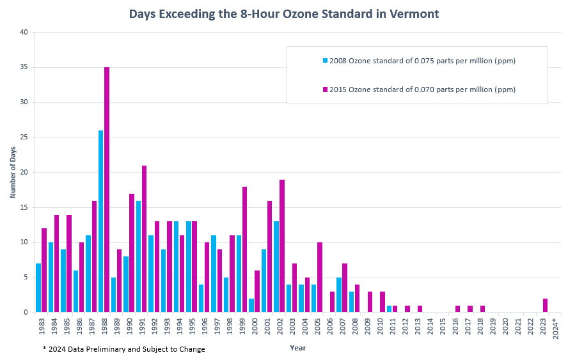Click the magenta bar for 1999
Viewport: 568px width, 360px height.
click(245, 249)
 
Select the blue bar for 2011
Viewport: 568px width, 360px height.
click(389, 309)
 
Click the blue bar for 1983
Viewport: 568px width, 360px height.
click(38, 288)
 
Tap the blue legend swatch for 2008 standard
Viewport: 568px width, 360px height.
click(326, 61)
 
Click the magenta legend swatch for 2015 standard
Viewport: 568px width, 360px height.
click(326, 90)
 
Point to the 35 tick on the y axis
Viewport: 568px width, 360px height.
click(24, 67)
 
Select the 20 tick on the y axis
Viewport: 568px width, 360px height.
click(24, 172)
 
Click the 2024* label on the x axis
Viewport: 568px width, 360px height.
click(555, 327)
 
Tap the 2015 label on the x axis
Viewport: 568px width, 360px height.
click(443, 327)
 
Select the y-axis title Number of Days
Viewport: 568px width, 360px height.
click(13, 173)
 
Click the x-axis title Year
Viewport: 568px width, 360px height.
click(297, 348)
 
